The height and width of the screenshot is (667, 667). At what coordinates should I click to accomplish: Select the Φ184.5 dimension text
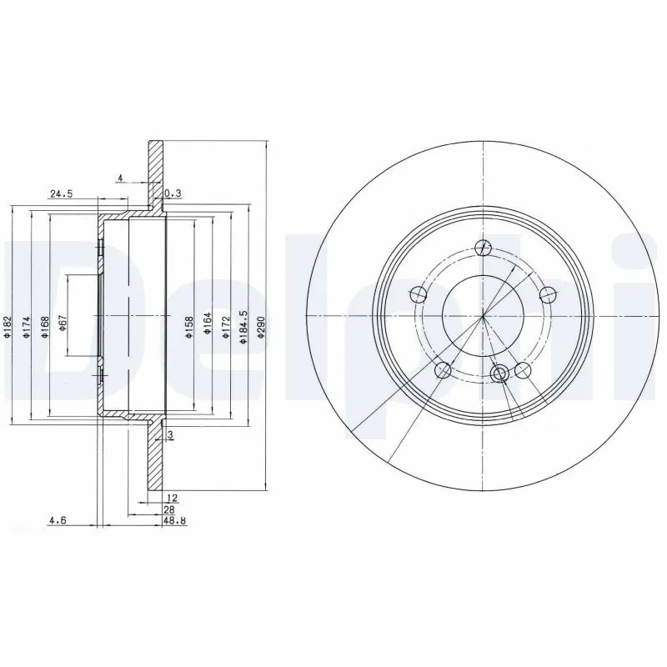click(243, 324)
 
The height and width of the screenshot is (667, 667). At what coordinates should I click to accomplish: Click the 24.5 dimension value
click(63, 194)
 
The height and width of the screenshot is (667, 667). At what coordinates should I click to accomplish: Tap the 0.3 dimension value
click(173, 194)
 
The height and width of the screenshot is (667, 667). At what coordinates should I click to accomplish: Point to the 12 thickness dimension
click(173, 498)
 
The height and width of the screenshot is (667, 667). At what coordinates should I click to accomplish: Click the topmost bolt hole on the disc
click(482, 247)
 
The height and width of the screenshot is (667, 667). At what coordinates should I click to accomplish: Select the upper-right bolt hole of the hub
click(547, 293)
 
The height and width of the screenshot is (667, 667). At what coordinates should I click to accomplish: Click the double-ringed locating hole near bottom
click(499, 373)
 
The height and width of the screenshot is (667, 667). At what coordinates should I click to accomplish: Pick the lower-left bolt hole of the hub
click(444, 369)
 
